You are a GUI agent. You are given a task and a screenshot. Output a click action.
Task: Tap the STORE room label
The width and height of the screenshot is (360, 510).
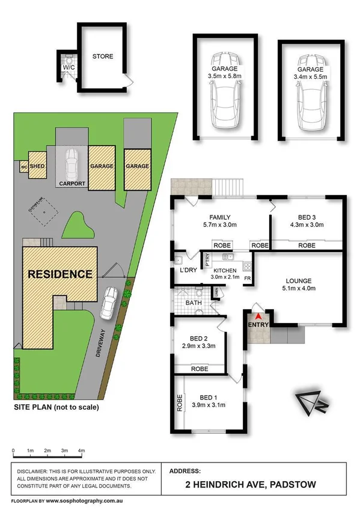click(x=102, y=57)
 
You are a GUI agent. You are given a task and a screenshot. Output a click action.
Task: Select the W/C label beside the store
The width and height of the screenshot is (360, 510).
click(x=68, y=69)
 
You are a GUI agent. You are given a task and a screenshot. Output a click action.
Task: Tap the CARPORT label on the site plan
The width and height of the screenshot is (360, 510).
click(x=72, y=183)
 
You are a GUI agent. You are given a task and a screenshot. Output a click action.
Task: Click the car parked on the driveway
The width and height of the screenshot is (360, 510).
click(x=110, y=303)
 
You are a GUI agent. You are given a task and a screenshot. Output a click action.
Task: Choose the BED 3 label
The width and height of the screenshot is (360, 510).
click(x=307, y=218)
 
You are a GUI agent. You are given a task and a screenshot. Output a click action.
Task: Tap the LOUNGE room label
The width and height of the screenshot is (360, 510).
click(x=299, y=280)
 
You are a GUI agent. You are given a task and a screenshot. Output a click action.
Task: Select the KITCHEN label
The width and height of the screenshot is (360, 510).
click(x=225, y=271)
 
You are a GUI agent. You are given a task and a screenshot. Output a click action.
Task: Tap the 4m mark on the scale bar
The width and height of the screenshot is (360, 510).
click(x=82, y=450)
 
